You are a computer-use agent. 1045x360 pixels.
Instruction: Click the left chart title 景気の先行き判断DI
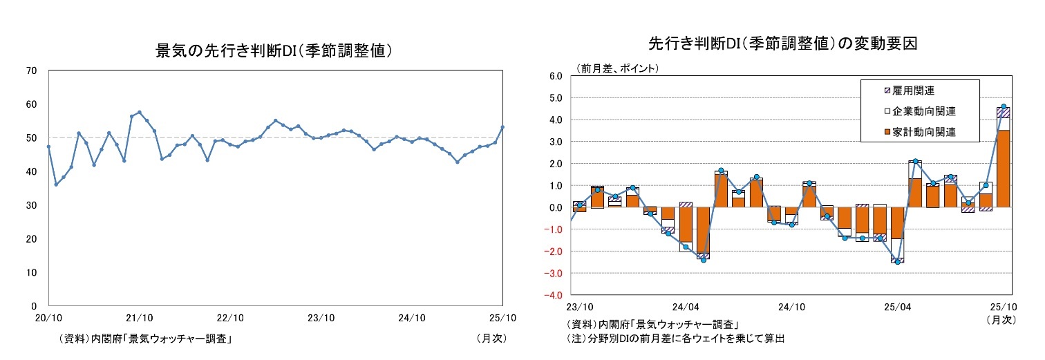(x=275, y=50)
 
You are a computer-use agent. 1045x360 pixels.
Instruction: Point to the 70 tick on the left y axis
(x=32, y=70)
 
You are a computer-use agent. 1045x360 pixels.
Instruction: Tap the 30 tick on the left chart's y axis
(x=32, y=205)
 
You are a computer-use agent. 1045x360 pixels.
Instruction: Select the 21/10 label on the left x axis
(x=139, y=318)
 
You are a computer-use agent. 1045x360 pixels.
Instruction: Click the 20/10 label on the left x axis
(x=48, y=318)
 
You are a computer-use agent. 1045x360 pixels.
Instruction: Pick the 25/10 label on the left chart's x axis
(x=502, y=318)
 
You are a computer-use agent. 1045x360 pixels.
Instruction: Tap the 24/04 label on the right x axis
(x=685, y=306)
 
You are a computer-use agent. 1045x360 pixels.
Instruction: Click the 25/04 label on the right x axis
(x=898, y=306)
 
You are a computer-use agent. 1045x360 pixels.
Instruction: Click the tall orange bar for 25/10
(x=1004, y=169)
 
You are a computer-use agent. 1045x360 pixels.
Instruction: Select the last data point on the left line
(x=502, y=127)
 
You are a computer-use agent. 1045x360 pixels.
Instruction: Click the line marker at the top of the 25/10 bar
(x=1004, y=106)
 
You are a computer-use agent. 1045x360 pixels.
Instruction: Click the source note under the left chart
(x=145, y=339)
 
